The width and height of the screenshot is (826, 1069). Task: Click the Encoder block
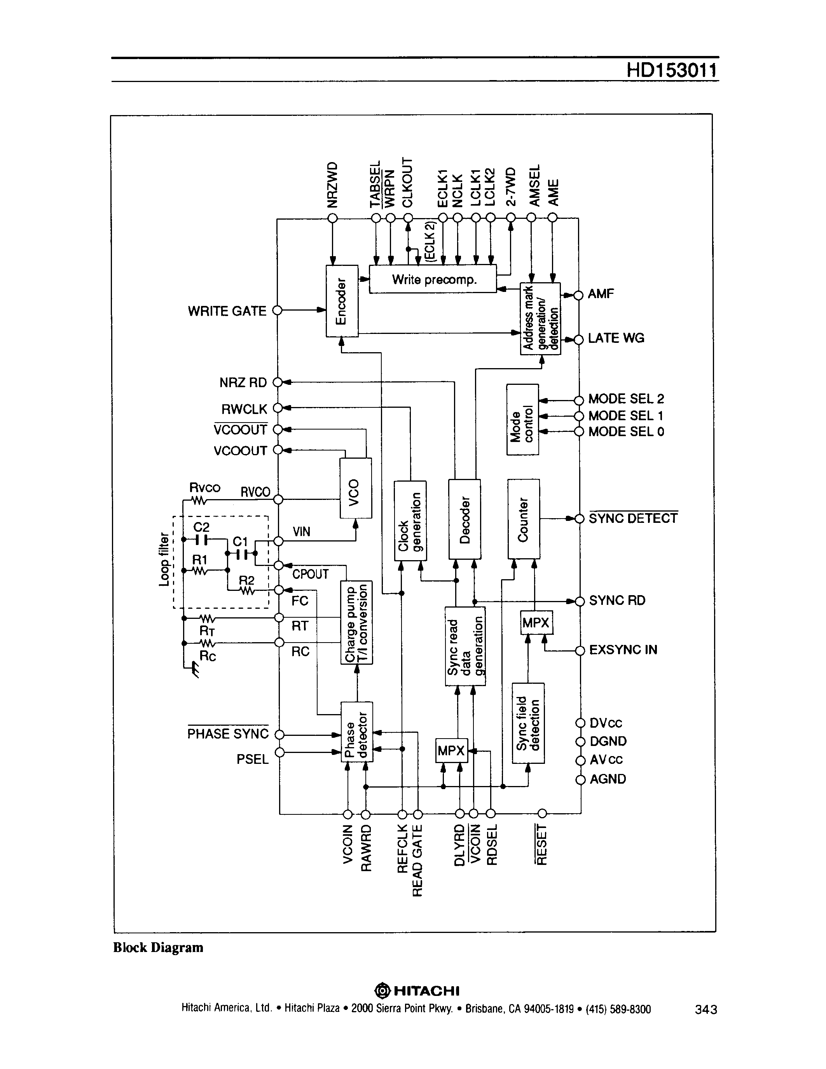coord(342,300)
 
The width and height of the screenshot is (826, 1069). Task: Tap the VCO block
coord(355,487)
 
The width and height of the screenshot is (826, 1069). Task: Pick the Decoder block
coord(465,519)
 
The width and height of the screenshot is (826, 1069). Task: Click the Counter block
coord(524,519)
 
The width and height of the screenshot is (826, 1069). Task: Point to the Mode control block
coord(522,419)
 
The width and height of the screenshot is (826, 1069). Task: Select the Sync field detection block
coord(528,723)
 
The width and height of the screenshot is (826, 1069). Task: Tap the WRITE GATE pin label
coord(227,311)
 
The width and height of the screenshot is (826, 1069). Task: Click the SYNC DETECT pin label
coord(633,518)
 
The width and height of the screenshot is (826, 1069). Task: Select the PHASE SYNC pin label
coord(228,734)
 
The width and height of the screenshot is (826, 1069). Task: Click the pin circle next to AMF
coord(578,295)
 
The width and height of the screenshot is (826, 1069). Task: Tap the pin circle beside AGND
coord(580,780)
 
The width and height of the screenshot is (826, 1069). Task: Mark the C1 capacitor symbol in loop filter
coord(240,554)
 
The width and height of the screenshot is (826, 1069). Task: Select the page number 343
coord(706,1009)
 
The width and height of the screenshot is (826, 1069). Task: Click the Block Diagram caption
coord(158,948)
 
